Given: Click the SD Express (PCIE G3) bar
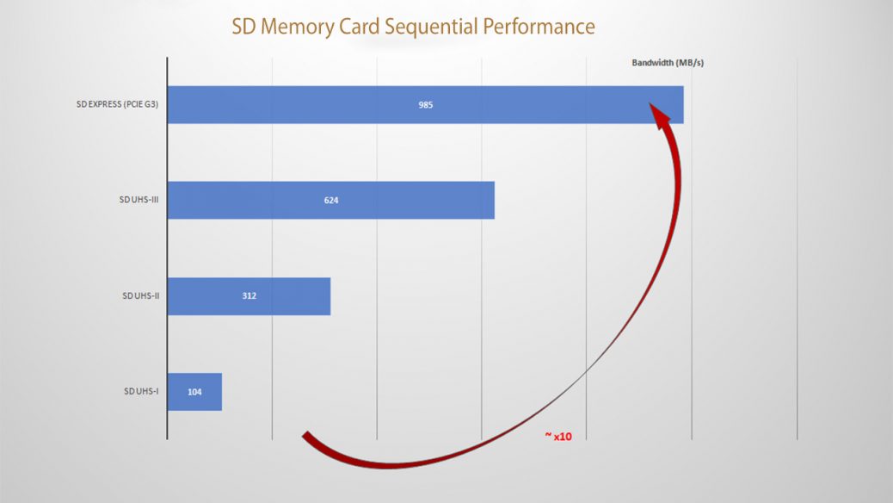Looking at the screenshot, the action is pos(426,105).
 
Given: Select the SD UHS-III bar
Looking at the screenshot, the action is pos(331,200).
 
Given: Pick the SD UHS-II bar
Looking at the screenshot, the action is pos(249,296).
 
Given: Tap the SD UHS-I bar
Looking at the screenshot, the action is pos(194,392).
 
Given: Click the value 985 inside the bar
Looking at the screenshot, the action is pos(426,105).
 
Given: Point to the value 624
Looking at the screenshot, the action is pos(331,200).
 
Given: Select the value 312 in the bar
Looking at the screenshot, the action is pos(249,296).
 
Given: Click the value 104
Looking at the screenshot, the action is pos(194,392).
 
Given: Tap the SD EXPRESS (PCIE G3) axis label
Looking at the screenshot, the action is pos(117,104).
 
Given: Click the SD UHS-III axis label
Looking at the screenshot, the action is pos(139,200).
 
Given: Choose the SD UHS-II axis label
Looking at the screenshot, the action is pos(141,295).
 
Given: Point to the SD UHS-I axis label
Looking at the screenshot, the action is pos(141,391).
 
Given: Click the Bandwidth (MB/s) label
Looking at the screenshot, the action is pos(668,63).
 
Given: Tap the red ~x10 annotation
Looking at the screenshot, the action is pos(558,437).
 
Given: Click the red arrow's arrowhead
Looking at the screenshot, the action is pos(659,114).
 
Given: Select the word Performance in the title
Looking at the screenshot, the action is pos(539,27).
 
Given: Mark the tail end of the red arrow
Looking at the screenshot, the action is pos(305,436).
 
